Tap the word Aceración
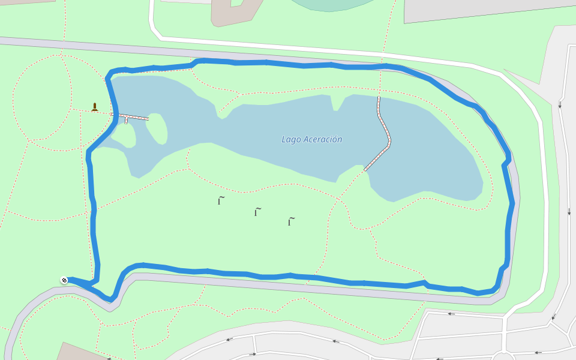pos(322,140)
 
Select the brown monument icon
pos(94,107)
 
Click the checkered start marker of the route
pos(64,280)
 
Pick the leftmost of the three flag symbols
pos(220,200)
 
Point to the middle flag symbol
pos(257,211)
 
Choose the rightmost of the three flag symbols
pos(291,221)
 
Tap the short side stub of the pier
pos(126,121)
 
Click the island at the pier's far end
pos(156,128)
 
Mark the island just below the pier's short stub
pos(124,134)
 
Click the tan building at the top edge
pos(234,12)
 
